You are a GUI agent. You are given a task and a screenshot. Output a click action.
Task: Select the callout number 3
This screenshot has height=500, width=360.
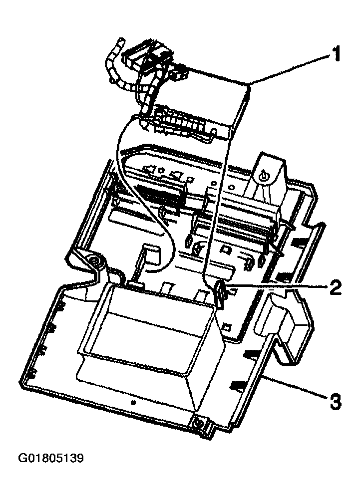336,400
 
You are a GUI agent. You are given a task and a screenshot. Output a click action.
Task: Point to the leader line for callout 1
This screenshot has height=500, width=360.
290,69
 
